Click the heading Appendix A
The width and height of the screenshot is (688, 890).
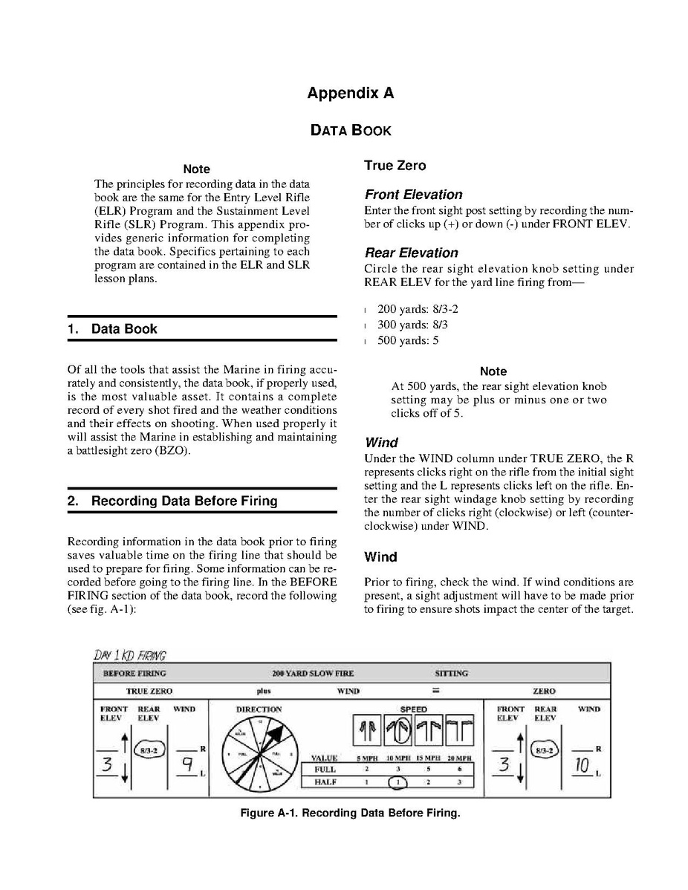tap(351, 93)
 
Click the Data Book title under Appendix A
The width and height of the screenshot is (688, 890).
tap(351, 130)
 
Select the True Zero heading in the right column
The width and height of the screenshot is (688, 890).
tap(395, 165)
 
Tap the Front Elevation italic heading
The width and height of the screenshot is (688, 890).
tap(413, 195)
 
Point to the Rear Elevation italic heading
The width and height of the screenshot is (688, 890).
tap(411, 253)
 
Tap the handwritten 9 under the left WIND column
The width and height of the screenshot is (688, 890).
tap(188, 763)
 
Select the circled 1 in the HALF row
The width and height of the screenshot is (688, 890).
tap(398, 782)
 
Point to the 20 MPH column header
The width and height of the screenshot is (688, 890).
tap(460, 759)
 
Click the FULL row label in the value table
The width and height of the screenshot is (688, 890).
tap(325, 770)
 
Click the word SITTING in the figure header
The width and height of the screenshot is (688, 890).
tap(451, 674)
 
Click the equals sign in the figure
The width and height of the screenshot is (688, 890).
tap(436, 691)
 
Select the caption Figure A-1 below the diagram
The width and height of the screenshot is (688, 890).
tap(350, 813)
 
